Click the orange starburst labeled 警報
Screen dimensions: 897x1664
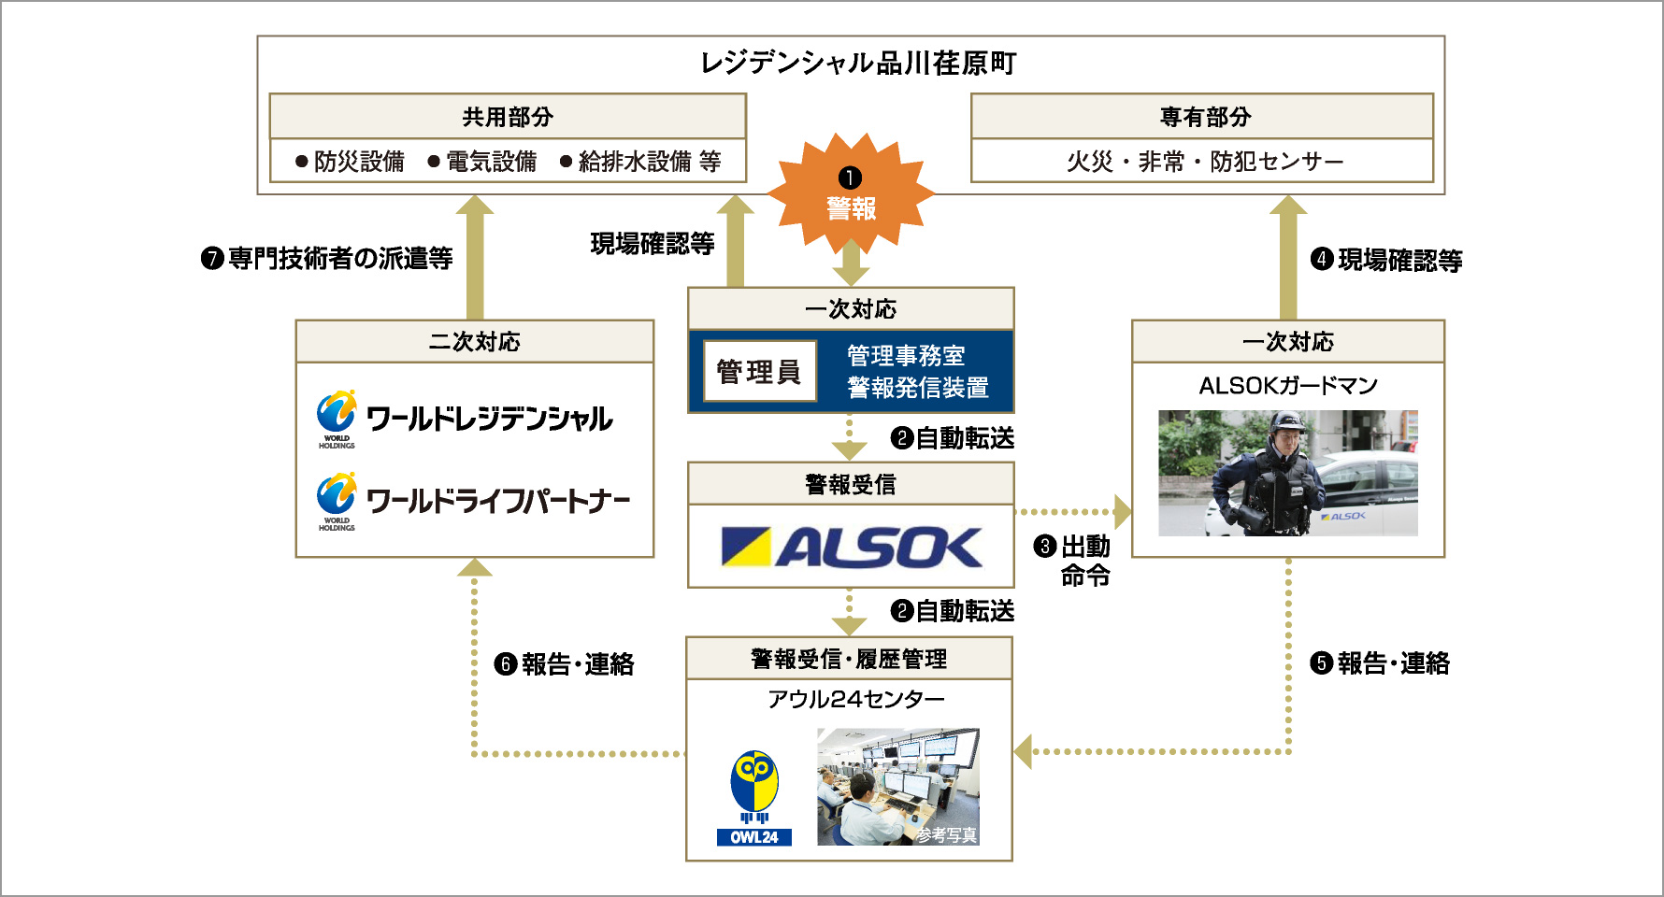click(x=850, y=194)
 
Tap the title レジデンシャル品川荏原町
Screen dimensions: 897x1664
click(x=858, y=64)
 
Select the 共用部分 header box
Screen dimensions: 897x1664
click(x=508, y=117)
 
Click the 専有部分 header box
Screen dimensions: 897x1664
click(x=1204, y=117)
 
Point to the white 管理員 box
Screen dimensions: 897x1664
click(x=759, y=372)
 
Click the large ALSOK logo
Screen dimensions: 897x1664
click(x=852, y=548)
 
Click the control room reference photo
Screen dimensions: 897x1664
click(x=897, y=787)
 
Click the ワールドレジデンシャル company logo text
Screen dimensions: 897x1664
click(x=489, y=420)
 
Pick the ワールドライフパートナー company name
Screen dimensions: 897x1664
click(x=497, y=502)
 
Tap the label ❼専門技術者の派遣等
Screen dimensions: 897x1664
click(x=327, y=258)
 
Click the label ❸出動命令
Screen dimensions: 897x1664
click(x=1073, y=560)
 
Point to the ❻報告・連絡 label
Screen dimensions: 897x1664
click(x=565, y=664)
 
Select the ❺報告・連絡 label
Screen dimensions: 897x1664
click(x=1380, y=663)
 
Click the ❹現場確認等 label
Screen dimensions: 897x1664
click(x=1386, y=260)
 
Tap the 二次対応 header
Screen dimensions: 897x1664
click(x=474, y=342)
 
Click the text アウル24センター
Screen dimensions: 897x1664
click(x=855, y=699)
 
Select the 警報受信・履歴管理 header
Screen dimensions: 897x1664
click(x=849, y=660)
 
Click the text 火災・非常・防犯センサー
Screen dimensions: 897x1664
click(x=1204, y=162)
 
